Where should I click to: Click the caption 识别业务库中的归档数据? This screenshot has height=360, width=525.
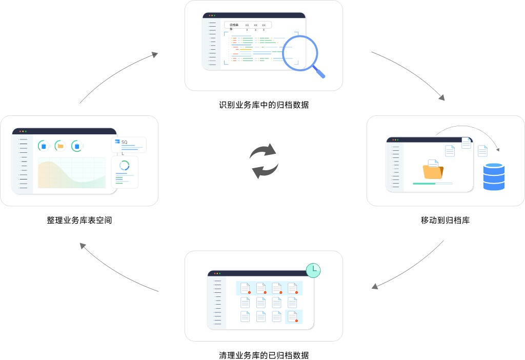[x=264, y=105]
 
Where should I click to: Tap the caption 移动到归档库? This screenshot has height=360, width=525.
[x=445, y=221]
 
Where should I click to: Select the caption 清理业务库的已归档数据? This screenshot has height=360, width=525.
[x=264, y=355]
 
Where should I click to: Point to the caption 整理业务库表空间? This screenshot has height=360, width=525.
[x=79, y=221]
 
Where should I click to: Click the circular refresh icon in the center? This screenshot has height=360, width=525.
[x=264, y=161]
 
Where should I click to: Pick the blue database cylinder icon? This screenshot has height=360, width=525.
[x=494, y=176]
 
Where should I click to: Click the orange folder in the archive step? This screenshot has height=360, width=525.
[x=433, y=171]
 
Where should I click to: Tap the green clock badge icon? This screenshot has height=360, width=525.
[x=313, y=270]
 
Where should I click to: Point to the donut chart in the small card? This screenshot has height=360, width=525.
[x=124, y=166]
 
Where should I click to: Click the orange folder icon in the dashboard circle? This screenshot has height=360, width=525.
[x=60, y=146]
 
